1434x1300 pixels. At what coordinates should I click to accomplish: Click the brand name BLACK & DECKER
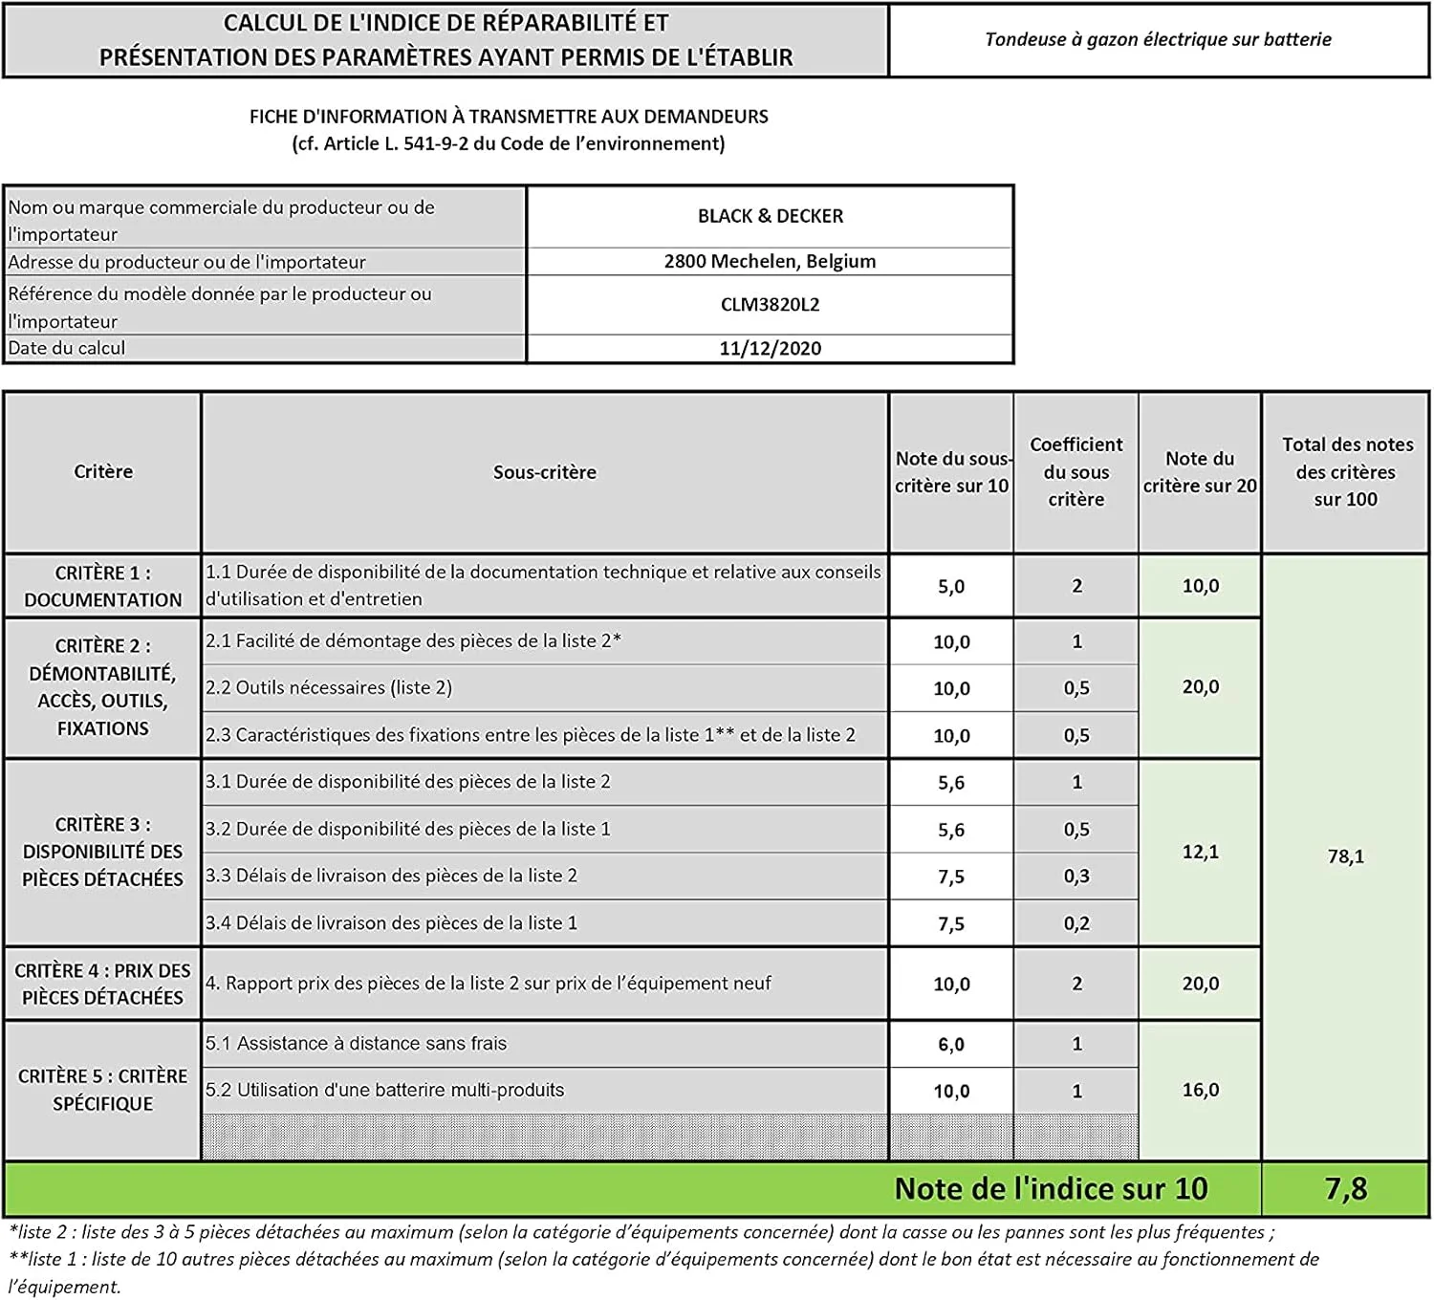tap(770, 216)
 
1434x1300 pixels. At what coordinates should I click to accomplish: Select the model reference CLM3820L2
tap(770, 305)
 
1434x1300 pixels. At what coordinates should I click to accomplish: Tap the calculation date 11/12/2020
tap(770, 348)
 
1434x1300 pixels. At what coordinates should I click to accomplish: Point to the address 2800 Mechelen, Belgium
tap(770, 261)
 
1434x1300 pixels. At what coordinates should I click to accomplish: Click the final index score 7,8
tap(1345, 1188)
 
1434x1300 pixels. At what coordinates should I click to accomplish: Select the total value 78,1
tap(1345, 856)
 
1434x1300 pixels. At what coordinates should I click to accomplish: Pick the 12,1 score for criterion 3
tap(1200, 852)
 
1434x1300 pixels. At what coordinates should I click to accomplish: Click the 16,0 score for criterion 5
tap(1200, 1090)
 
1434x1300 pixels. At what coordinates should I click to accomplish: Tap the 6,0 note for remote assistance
tap(950, 1044)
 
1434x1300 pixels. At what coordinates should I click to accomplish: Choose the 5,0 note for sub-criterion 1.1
tap(950, 586)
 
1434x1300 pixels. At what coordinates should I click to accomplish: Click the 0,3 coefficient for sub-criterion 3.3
tap(1076, 876)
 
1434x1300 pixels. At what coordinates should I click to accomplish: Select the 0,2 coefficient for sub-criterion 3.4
tap(1076, 923)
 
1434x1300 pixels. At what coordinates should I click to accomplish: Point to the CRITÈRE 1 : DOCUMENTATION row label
tap(103, 586)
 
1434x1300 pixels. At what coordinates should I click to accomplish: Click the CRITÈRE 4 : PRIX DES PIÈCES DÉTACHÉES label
tap(103, 984)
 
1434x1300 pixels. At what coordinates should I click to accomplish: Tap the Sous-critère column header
tap(544, 472)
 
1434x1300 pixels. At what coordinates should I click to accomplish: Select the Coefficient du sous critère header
tap(1076, 472)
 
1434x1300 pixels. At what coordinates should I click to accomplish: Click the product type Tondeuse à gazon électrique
tap(1158, 39)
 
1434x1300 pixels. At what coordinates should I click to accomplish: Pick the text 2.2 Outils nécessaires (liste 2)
tap(329, 687)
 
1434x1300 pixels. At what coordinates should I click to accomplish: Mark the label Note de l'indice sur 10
tap(1051, 1188)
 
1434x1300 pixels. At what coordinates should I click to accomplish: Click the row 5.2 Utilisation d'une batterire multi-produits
tap(385, 1090)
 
